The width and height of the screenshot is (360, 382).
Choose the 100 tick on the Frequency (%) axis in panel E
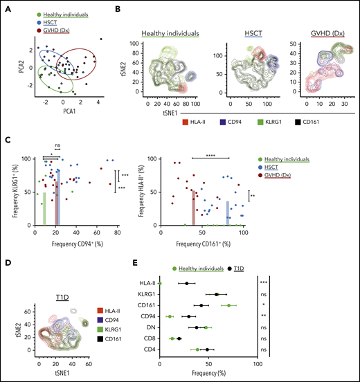click(258, 365)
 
